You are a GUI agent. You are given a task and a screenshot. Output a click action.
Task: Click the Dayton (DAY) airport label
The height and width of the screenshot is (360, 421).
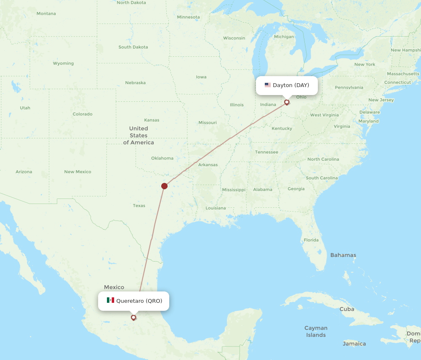pos(290,85)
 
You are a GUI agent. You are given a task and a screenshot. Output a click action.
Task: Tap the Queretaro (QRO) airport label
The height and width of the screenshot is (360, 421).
pos(139,301)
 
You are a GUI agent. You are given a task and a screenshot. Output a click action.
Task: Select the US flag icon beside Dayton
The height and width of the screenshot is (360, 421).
pos(268,85)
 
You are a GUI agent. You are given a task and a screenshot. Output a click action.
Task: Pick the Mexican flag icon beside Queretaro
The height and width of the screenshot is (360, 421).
pos(110,300)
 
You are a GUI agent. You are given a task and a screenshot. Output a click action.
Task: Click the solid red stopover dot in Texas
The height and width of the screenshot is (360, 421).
pos(165,186)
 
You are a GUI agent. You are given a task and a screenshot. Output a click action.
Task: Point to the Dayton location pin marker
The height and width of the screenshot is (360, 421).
pos(287,102)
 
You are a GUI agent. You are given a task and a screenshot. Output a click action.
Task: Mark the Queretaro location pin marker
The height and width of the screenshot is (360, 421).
pos(133,318)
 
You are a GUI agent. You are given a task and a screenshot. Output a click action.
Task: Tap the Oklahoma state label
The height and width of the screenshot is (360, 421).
pos(162,158)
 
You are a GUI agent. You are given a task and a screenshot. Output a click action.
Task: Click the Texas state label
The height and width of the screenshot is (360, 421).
pos(139,206)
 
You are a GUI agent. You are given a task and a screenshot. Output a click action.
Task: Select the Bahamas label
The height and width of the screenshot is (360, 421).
pos(343,255)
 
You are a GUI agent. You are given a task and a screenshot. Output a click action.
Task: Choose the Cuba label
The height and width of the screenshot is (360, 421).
pos(347,309)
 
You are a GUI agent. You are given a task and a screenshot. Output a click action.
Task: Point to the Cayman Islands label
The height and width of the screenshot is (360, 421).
pos(316,331)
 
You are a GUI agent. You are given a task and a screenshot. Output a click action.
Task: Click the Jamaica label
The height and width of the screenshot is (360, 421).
pos(354,344)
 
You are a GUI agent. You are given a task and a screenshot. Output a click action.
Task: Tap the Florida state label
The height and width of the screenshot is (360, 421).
pos(311,240)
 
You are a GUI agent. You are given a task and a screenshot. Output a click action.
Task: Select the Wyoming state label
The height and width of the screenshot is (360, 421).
pos(63,64)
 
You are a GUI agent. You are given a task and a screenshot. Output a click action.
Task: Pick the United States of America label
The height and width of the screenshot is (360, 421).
pos(139,135)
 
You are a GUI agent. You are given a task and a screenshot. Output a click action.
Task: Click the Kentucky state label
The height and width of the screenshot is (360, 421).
pos(282,128)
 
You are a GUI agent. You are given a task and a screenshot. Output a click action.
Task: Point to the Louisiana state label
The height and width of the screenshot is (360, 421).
pos(216,208)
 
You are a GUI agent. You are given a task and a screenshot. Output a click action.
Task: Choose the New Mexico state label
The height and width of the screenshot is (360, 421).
pos(77,172)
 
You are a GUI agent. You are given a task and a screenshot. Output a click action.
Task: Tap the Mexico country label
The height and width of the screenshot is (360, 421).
pos(114,287)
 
